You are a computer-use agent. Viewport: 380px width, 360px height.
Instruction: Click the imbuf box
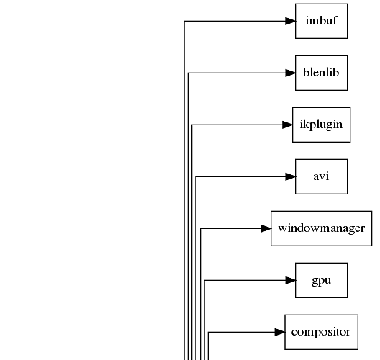click(x=322, y=21)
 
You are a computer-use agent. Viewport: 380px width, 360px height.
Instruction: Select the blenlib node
click(x=322, y=73)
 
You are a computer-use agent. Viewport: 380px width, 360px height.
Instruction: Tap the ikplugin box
click(x=322, y=125)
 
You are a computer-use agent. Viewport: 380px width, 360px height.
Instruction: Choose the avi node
click(x=322, y=176)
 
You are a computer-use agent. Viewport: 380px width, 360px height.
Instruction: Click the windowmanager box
click(x=322, y=229)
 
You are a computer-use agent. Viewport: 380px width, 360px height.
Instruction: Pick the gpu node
click(x=322, y=281)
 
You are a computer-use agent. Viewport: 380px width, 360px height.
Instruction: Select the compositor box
click(x=322, y=332)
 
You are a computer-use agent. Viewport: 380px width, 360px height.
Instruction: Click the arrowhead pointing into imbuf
click(x=290, y=21)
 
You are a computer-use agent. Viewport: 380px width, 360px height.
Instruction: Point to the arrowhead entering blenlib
click(x=290, y=73)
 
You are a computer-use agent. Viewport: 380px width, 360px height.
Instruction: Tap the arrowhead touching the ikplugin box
click(x=287, y=125)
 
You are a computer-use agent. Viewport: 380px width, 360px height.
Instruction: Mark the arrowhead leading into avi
click(x=290, y=176)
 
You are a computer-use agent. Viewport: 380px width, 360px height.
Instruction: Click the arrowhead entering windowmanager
click(x=266, y=229)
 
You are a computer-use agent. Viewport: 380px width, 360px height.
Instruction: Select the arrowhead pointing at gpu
click(x=290, y=281)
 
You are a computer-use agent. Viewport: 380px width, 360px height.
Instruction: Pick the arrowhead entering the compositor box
click(x=280, y=332)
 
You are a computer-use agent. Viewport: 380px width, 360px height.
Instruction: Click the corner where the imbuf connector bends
click(x=184, y=21)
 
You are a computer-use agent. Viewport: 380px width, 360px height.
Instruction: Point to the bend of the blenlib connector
click(x=188, y=73)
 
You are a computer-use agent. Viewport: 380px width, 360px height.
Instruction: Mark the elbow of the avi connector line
click(x=196, y=176)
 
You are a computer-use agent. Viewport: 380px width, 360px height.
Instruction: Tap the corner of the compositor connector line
click(x=209, y=332)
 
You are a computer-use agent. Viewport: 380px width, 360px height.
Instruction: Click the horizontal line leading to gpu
click(x=245, y=281)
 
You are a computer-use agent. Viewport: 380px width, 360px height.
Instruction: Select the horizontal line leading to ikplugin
click(x=237, y=125)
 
